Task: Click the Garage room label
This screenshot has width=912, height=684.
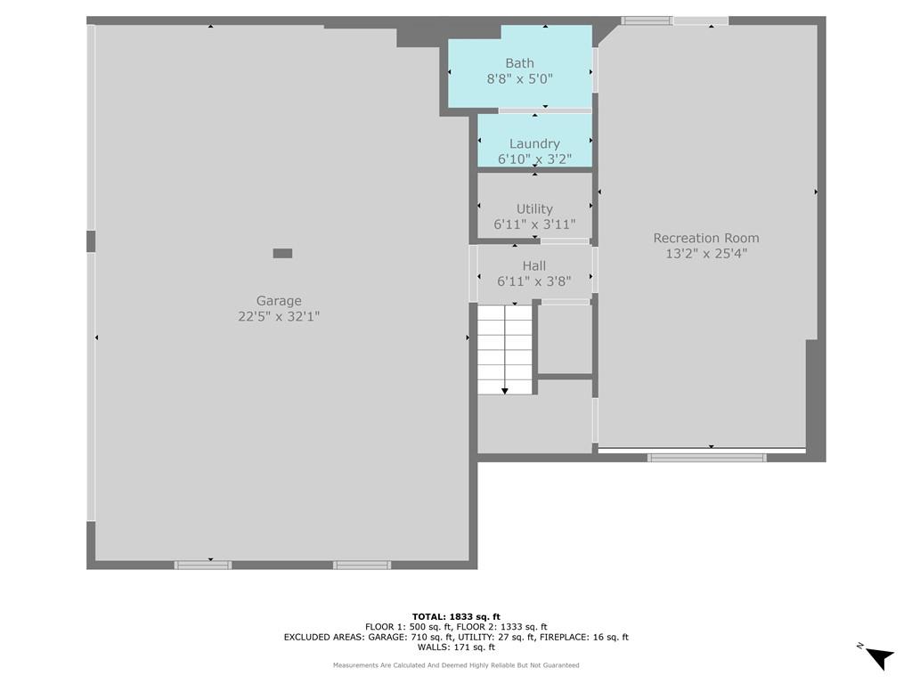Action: [x=279, y=301]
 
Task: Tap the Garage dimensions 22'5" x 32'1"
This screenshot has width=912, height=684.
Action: [x=279, y=316]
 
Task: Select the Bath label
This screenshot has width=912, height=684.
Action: [x=519, y=63]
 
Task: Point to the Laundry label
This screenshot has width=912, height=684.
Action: [x=534, y=143]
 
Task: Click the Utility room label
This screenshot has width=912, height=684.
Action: [x=534, y=208]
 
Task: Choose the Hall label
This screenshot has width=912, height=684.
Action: [x=534, y=265]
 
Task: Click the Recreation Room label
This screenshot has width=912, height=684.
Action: [x=706, y=238]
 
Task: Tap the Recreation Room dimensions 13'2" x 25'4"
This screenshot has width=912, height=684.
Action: [x=706, y=254]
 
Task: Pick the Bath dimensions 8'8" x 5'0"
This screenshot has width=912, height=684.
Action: [x=519, y=78]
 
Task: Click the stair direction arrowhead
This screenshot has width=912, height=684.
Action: [x=505, y=391]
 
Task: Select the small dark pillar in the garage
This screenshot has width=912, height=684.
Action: [x=282, y=253]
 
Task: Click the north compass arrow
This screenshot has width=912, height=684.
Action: [x=880, y=658]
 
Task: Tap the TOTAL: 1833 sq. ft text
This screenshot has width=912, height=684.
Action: [x=456, y=616]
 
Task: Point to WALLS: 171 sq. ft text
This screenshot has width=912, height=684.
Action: [x=456, y=647]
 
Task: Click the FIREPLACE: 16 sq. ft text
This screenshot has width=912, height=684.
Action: [x=584, y=637]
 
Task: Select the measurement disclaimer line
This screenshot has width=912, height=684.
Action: [x=456, y=664]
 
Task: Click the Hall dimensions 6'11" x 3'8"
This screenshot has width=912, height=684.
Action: [x=534, y=281]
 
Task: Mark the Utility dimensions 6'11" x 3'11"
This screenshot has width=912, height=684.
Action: [x=534, y=224]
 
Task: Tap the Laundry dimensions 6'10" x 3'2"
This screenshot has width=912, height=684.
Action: [x=534, y=159]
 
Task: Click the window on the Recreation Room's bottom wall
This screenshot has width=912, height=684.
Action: [x=706, y=458]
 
